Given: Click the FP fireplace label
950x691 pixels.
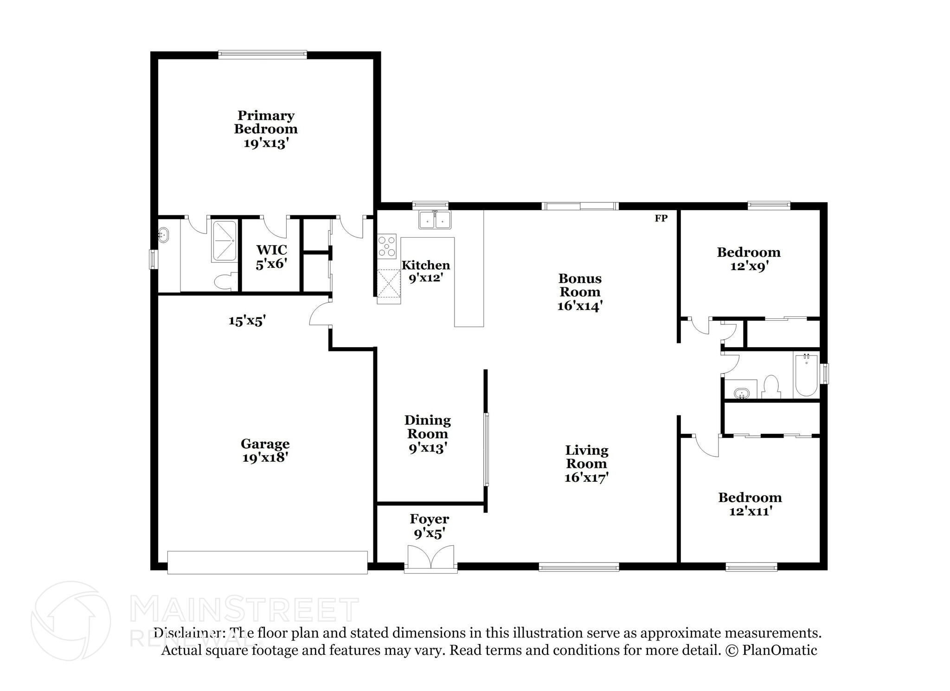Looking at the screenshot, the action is click(x=661, y=218).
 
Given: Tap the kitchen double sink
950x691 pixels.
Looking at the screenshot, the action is click(x=435, y=220).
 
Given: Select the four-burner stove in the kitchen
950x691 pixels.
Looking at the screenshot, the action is click(x=386, y=246).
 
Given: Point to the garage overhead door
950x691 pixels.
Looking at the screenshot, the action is click(x=267, y=562).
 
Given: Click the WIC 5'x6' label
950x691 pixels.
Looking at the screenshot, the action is click(x=271, y=257).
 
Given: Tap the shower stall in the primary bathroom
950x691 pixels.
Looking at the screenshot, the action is click(x=225, y=241).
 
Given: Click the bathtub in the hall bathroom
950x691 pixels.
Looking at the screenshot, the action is click(x=806, y=375).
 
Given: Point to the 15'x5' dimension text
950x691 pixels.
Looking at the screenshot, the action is click(x=247, y=321).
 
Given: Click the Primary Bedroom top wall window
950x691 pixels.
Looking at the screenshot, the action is click(x=263, y=55).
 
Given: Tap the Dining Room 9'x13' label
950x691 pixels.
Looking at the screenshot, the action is click(x=427, y=434).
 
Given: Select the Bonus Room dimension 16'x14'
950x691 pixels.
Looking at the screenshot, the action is click(x=580, y=306).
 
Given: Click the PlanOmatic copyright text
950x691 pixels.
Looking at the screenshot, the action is click(x=770, y=650).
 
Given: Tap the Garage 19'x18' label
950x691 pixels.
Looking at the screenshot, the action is click(x=265, y=451).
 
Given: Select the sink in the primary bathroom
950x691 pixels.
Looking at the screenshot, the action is click(x=163, y=235).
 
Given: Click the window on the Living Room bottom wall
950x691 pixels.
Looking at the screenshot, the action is click(x=579, y=566).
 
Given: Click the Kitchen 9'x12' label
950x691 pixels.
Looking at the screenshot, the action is click(x=425, y=271).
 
